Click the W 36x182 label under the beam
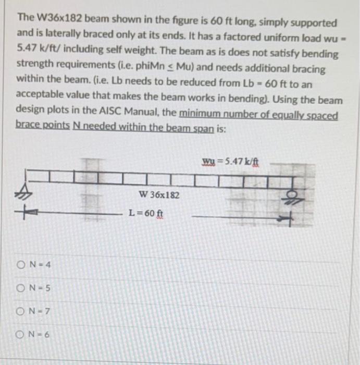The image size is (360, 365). pos(159,195)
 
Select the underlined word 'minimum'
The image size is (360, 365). pos(198,115)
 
